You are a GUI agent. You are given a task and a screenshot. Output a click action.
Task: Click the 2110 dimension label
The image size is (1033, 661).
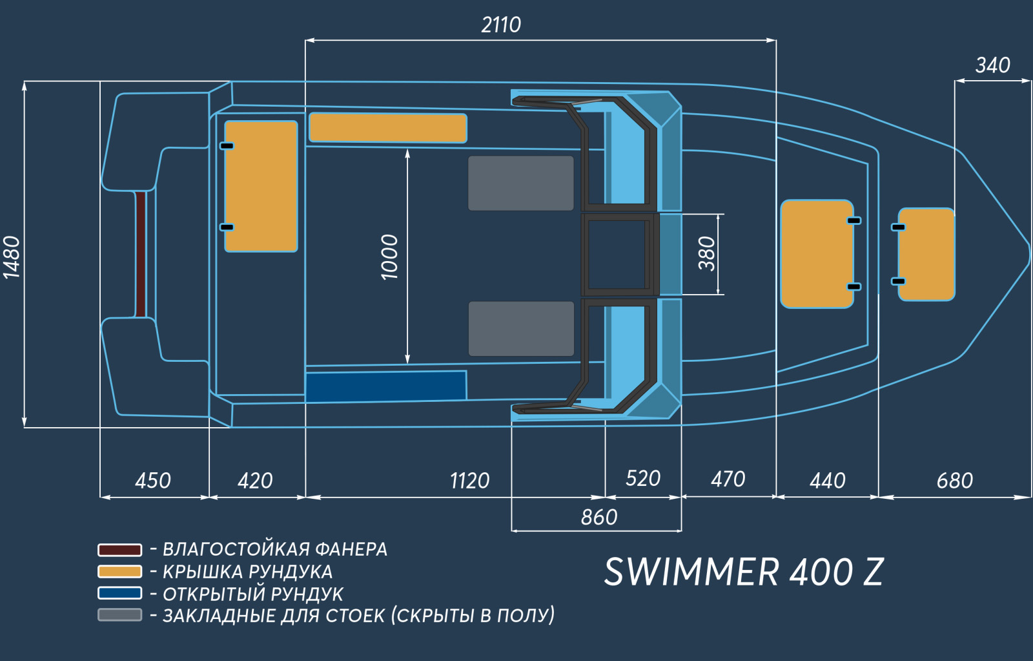click(501, 25)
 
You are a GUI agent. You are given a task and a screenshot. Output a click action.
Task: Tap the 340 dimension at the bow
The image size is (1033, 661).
click(993, 65)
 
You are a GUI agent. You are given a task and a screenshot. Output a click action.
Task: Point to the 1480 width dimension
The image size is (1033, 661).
click(12, 258)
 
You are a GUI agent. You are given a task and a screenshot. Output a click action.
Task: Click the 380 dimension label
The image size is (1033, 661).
click(706, 254)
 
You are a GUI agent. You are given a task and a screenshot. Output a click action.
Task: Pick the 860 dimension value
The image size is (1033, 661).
click(599, 517)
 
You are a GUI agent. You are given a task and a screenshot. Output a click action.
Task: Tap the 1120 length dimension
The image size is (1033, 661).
click(469, 481)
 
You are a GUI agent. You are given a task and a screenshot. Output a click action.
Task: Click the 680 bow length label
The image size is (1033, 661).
click(955, 481)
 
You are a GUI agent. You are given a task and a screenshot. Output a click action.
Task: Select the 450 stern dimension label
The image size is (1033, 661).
click(153, 481)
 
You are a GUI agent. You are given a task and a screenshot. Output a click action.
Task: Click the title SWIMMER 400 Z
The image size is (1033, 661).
click(744, 572)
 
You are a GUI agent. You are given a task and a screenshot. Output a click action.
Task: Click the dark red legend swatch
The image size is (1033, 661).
click(120, 550)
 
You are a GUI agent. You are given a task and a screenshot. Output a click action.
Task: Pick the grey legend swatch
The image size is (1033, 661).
click(120, 615)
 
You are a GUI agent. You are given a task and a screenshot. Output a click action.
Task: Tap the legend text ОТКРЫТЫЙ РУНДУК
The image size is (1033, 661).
click(253, 594)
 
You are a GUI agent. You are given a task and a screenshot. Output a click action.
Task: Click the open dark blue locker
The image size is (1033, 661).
click(386, 386)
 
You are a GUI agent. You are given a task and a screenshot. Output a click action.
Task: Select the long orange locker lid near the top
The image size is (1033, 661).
click(388, 128)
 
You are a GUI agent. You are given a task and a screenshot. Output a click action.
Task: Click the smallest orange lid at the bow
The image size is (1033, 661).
click(926, 255)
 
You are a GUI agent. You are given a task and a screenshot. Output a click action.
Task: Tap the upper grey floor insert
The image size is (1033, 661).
click(521, 184)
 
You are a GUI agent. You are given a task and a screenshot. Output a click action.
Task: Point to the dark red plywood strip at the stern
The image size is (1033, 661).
click(141, 255)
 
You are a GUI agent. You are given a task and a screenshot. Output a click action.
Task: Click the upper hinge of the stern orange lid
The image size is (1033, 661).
click(227, 146)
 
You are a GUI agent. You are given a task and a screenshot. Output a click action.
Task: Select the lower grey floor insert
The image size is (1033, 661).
click(521, 329)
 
